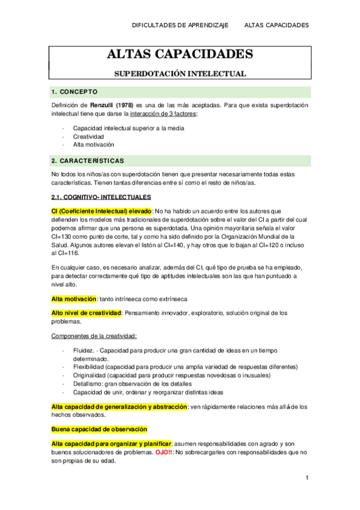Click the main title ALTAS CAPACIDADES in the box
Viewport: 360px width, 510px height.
point(180,55)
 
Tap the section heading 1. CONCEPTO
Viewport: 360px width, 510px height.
point(75,92)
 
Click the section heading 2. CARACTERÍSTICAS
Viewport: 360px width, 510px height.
point(88,161)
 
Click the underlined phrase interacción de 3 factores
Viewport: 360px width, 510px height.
point(159,114)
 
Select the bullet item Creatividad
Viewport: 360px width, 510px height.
point(88,137)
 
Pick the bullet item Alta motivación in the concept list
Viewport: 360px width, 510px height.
point(94,144)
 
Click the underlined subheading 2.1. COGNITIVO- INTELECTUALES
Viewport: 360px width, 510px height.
point(102,197)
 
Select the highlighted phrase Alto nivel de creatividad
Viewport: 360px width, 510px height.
point(87,313)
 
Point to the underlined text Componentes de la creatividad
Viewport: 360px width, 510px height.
point(94,336)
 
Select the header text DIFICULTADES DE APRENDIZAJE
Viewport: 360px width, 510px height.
point(180,25)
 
